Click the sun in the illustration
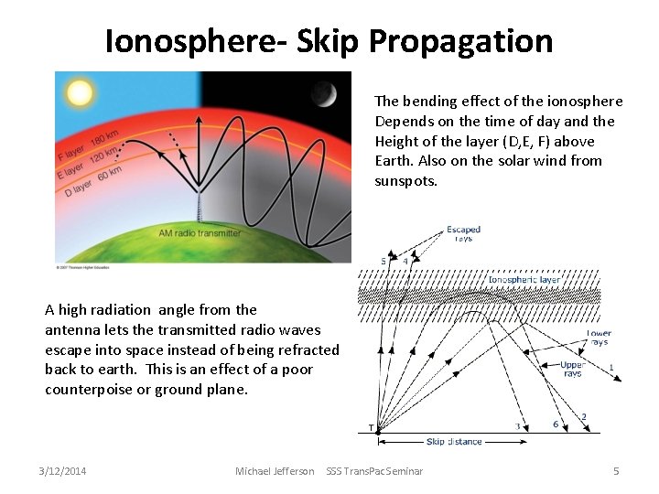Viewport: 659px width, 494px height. click(x=79, y=93)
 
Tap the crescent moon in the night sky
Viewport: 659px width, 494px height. click(x=322, y=93)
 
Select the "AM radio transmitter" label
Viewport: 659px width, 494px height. click(x=200, y=233)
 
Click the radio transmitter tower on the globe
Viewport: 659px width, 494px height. click(x=200, y=206)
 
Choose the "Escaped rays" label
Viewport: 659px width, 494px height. click(x=463, y=234)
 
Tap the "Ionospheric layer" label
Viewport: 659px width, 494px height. click(x=524, y=280)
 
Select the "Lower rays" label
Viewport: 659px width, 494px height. click(x=600, y=338)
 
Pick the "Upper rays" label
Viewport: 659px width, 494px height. click(x=572, y=369)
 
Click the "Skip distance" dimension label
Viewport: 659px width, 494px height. click(x=454, y=442)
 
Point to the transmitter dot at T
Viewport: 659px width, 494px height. click(x=378, y=430)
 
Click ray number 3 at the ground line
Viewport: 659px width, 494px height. click(x=518, y=426)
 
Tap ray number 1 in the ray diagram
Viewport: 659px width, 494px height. click(x=611, y=368)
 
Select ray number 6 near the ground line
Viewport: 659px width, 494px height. click(x=555, y=424)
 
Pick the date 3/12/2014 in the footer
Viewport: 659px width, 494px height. click(x=62, y=471)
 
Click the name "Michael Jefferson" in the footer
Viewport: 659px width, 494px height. click(x=275, y=471)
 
